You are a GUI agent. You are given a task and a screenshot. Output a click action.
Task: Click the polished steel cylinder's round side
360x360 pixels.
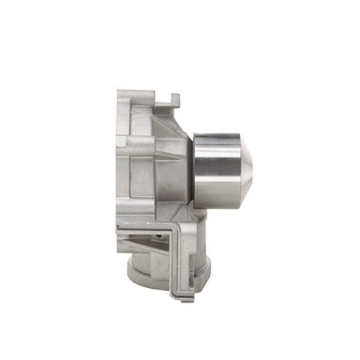coord(216,171)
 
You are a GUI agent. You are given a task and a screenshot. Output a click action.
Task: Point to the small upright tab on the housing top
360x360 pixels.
coord(174,99)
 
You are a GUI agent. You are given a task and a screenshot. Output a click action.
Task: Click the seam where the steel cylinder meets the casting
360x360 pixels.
coord(194,171)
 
